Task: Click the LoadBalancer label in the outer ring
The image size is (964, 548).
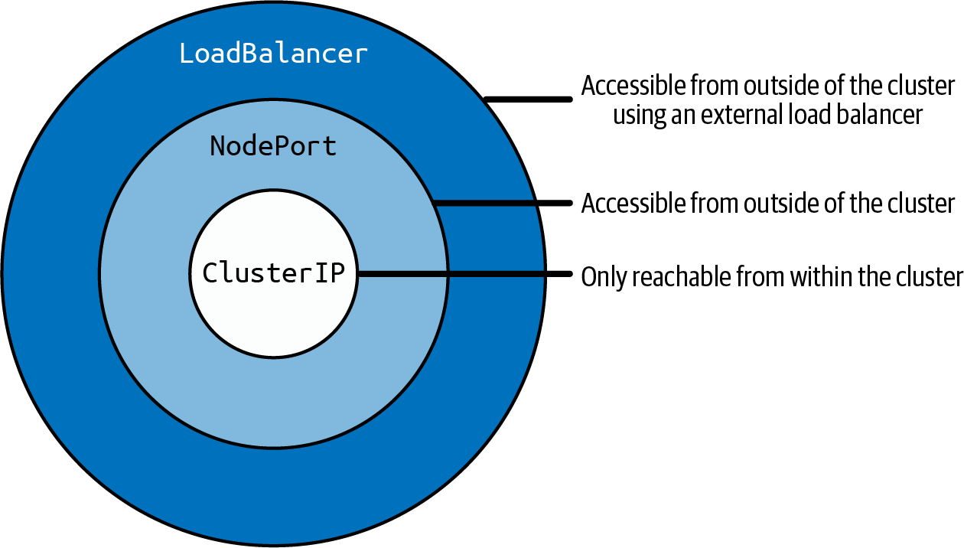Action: coord(273,54)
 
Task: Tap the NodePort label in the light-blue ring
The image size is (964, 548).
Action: coord(273,146)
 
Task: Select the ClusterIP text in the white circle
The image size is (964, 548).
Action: coord(273,273)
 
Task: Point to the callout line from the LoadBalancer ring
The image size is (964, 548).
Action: coord(529,99)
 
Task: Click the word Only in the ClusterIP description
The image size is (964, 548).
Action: coord(601,276)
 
